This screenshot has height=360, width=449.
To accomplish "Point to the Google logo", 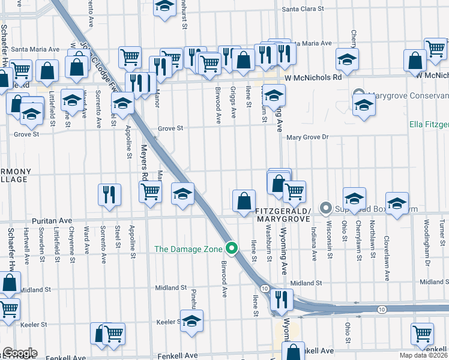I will [19, 353].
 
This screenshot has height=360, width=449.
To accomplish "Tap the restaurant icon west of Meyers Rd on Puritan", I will [109, 194].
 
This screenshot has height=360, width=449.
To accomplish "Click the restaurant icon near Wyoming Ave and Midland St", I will [281, 298].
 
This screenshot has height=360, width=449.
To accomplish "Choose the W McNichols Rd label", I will [313, 77].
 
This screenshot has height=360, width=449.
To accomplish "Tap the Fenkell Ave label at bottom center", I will [178, 356].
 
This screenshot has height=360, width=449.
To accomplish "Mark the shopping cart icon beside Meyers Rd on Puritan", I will [150, 192].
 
